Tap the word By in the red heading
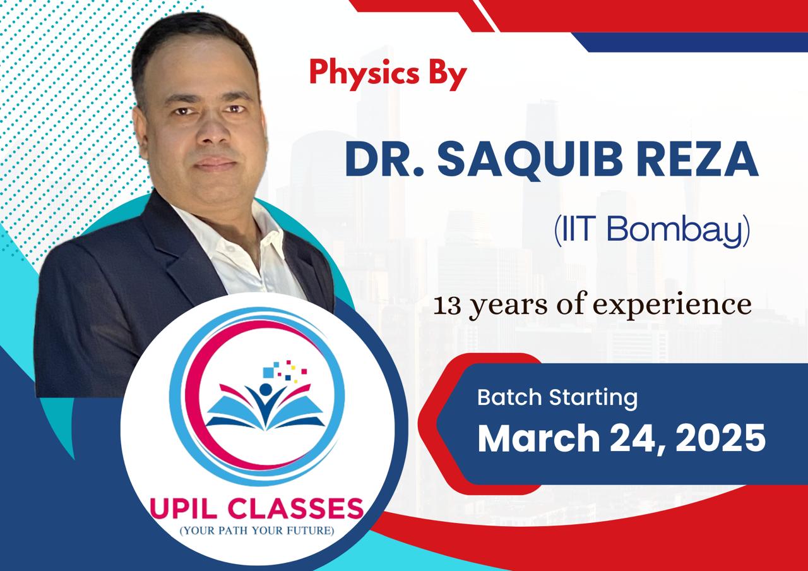pos(448,75)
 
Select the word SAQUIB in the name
pos(530,160)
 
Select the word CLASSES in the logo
pos(295,508)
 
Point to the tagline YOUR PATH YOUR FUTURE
pos(257,531)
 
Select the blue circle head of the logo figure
pos(266,390)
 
